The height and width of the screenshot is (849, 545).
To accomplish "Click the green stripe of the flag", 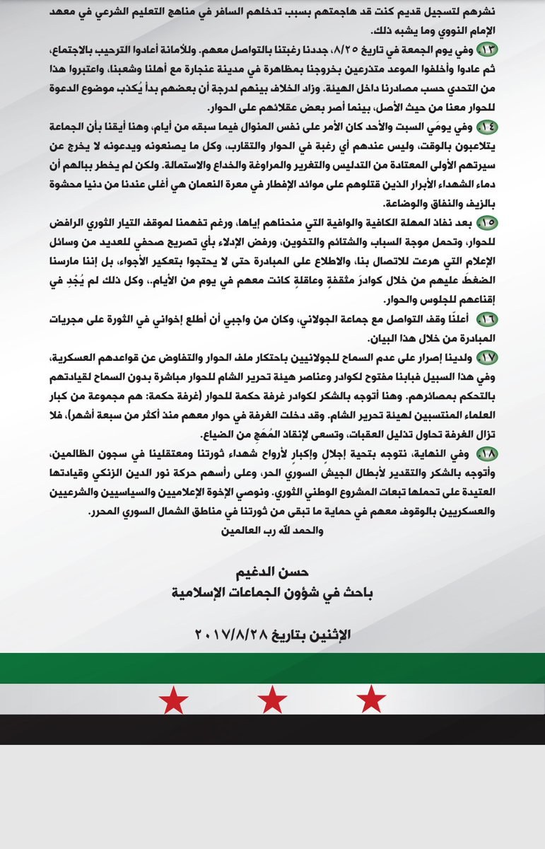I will pos(272,667).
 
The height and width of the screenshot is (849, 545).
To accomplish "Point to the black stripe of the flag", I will pos(272,729).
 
